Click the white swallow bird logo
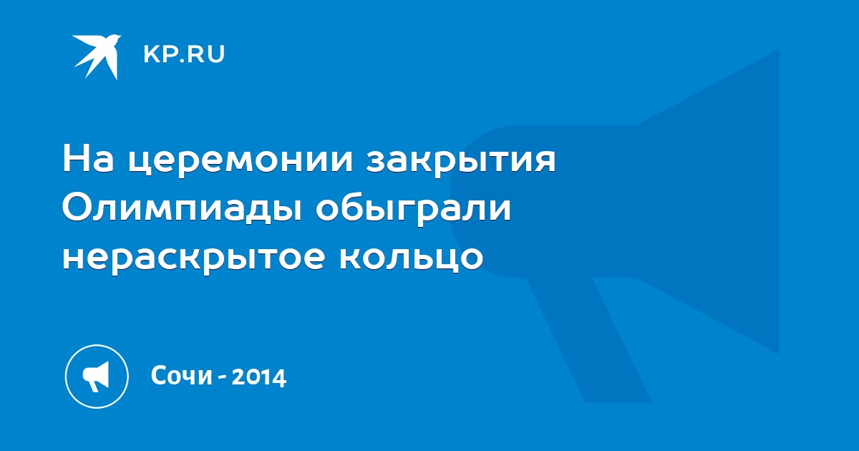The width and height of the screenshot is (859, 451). coord(96,57)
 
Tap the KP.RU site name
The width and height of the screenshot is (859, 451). coord(184,54)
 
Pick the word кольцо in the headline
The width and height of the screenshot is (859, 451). coord(411,257)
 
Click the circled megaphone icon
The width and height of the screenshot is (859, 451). coord(97,376)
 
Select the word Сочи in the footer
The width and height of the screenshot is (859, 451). coord(182,376)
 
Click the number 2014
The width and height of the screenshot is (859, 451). coord(259,377)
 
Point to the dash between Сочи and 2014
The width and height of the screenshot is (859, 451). coord(222,378)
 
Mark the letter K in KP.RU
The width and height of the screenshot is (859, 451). coord(151,54)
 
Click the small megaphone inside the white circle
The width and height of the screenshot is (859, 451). coord(96,377)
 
